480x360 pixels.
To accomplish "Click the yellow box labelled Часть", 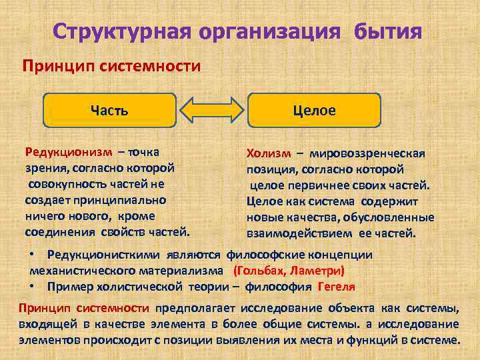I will [109, 110].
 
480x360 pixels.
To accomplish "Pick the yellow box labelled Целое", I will [314, 110].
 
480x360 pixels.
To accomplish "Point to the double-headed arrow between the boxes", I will [212, 110].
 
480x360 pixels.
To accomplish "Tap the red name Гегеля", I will [336, 287].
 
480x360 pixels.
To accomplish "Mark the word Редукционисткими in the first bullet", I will [104, 255].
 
